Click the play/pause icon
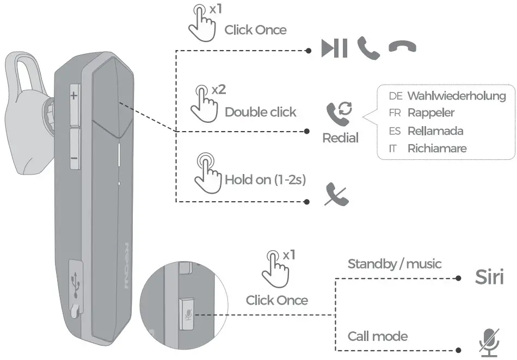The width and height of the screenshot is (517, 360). tap(334, 48)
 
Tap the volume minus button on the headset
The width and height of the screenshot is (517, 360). tap(74, 158)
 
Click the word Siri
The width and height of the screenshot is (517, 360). tap(489, 277)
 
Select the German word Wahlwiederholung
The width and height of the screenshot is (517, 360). tap(456, 96)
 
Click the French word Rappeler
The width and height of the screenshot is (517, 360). tap(430, 113)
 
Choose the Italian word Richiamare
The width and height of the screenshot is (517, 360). tap(436, 148)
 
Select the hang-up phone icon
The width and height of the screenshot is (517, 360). tap(402, 47)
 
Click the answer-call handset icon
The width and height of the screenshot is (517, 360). tap(368, 48)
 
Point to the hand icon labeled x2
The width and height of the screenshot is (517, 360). tap(202, 101)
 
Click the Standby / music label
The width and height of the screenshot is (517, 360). tap(394, 264)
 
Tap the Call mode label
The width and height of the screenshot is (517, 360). tap(377, 336)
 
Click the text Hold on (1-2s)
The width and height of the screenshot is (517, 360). tap(265, 179)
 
